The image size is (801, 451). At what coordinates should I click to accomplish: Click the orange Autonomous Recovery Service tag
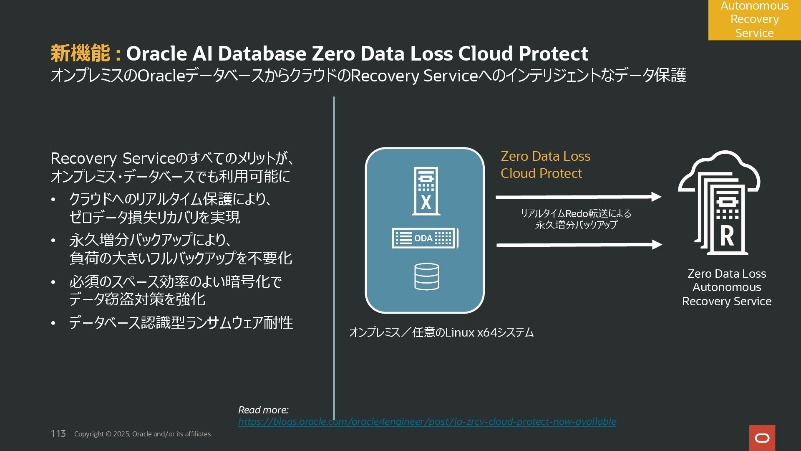(x=754, y=20)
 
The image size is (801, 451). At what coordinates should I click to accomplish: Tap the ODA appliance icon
(x=425, y=238)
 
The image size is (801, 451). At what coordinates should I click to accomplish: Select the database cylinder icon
(x=426, y=276)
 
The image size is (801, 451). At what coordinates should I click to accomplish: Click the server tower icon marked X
(x=426, y=191)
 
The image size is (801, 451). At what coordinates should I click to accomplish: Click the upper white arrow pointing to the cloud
(x=578, y=197)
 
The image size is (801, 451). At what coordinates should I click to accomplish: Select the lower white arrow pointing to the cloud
(x=579, y=245)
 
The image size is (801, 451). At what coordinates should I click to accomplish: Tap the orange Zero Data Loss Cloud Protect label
(x=545, y=165)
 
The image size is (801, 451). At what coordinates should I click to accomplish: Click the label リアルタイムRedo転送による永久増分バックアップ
(x=576, y=219)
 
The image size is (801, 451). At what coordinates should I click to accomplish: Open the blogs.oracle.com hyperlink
(x=427, y=422)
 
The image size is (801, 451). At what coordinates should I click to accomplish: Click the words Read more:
(x=263, y=410)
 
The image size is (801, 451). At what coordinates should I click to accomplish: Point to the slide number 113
(x=58, y=434)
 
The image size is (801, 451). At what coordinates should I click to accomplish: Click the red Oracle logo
(x=762, y=438)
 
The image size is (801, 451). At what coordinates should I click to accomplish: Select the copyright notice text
(x=142, y=434)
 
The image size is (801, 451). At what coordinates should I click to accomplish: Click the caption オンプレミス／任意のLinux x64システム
(x=441, y=332)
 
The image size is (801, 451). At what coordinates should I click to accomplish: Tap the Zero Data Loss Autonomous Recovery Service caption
(x=726, y=287)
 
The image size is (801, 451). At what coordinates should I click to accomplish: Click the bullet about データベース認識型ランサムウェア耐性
(x=181, y=323)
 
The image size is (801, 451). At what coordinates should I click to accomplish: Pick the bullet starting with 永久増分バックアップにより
(x=180, y=249)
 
